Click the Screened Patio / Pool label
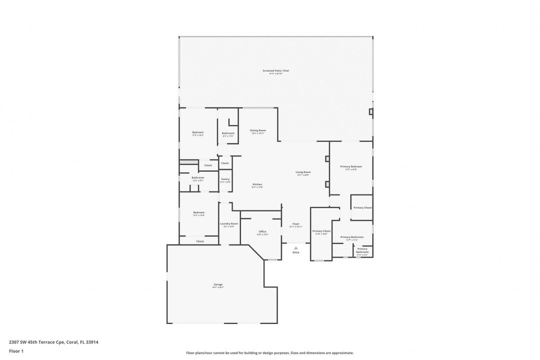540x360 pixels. point(276,71)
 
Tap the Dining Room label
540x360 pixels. point(258,130)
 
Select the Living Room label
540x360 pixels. point(303,172)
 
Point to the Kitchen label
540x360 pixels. point(257,184)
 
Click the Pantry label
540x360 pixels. point(225,179)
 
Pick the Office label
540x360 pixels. point(262,231)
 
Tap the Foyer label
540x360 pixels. point(296,223)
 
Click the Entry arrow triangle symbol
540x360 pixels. point(296,247)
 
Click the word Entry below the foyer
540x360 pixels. point(296,252)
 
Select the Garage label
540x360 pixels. point(218,284)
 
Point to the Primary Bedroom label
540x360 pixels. point(351,166)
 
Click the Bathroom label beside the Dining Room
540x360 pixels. point(228,133)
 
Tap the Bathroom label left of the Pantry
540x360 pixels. point(198,177)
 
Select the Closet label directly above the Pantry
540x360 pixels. point(225,163)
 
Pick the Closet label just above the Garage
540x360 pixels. point(200,241)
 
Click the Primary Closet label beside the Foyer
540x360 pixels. point(321,231)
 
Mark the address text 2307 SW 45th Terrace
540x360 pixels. point(53,342)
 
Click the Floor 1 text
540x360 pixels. point(16,351)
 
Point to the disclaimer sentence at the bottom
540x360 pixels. point(270,353)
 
